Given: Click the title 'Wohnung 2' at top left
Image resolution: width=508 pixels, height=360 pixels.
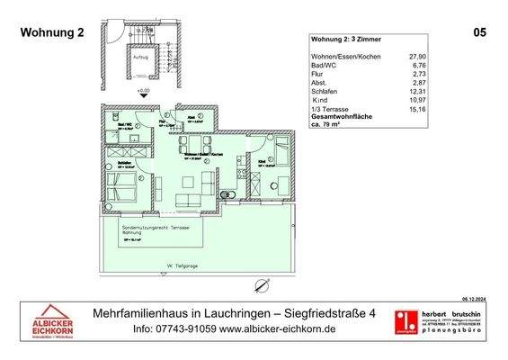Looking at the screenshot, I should click(51, 32).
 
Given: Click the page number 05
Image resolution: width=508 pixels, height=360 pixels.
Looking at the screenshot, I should click(479, 32).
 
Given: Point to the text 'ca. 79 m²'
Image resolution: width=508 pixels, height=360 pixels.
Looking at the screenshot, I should click(329, 123).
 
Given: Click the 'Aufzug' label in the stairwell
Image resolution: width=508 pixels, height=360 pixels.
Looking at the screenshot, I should click(140, 55).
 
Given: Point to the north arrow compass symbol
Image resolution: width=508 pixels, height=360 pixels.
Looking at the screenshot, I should click(262, 285).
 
